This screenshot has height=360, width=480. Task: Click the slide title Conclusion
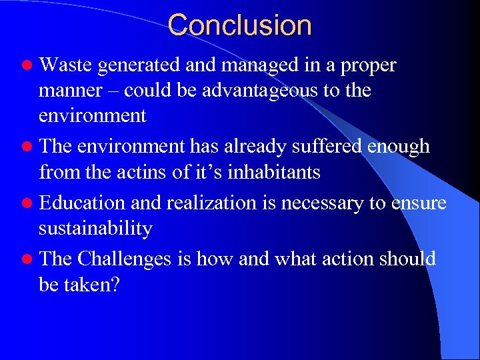click(239, 26)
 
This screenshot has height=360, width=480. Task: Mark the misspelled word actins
click(151, 172)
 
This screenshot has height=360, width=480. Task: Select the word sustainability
click(95, 229)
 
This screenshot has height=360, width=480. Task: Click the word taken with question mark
click(95, 285)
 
